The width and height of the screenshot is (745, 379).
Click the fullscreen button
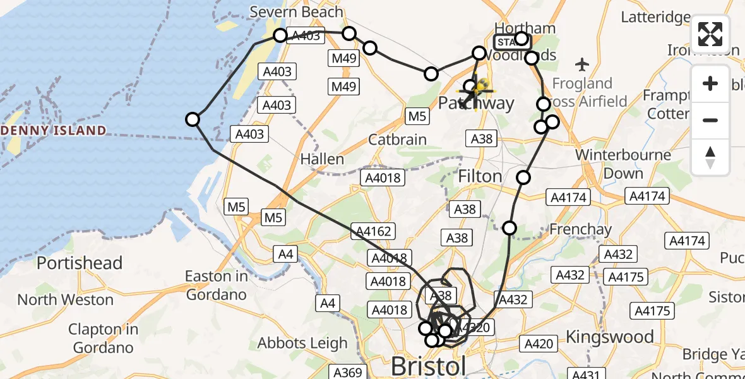[710, 34]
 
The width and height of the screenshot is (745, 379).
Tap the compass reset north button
[710, 157]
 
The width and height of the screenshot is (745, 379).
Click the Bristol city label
[429, 366]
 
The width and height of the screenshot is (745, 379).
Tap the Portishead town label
[80, 263]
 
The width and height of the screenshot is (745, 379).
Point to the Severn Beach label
[296, 11]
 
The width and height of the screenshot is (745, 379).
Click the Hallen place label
[323, 159]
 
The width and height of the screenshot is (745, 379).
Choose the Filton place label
[480, 176]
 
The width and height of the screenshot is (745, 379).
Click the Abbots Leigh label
[302, 344]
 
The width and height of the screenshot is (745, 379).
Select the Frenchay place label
[581, 229]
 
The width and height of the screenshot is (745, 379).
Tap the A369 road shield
[347, 372]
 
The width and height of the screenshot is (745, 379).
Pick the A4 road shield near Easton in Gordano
[286, 254]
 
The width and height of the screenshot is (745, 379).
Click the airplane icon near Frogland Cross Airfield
[582, 64]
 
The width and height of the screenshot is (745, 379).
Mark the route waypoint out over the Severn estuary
[193, 119]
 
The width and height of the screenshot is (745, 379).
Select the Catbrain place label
[397, 140]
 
